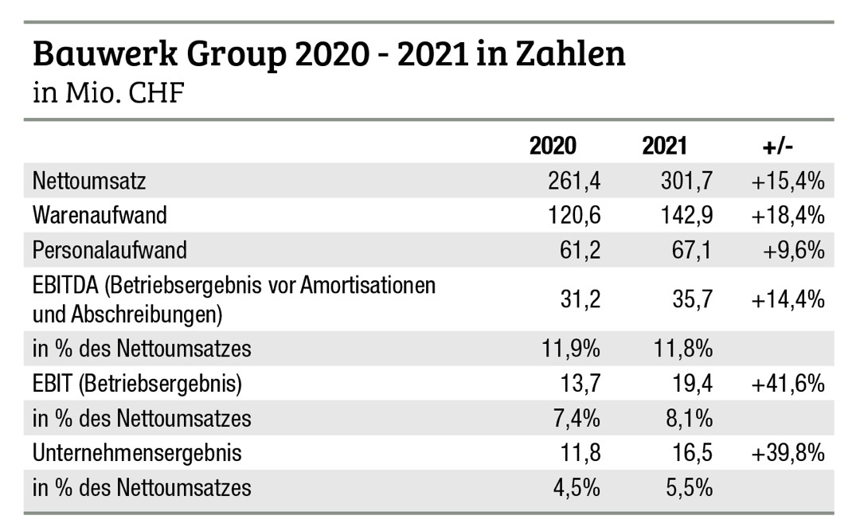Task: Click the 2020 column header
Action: (x=553, y=146)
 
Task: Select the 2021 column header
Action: (x=664, y=146)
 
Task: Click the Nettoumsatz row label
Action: (x=89, y=182)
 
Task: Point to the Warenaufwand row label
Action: (x=100, y=216)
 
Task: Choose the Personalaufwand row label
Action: (x=110, y=250)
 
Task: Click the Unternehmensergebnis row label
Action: (x=137, y=453)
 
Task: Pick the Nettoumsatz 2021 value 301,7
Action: (x=681, y=182)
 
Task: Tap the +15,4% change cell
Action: (x=787, y=182)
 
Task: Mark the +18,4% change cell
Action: (x=787, y=216)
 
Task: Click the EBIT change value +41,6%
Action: (x=787, y=385)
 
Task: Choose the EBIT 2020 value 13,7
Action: (x=577, y=385)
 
